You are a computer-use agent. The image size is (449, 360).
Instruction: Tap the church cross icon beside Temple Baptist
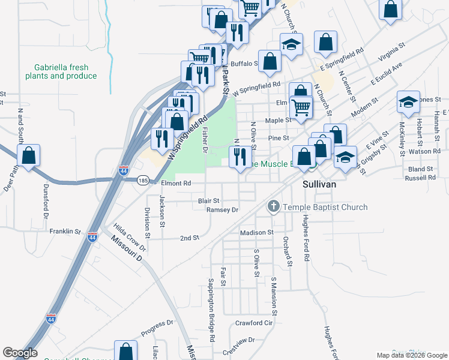tap(274, 207)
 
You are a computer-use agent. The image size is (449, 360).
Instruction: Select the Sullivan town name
tap(318, 185)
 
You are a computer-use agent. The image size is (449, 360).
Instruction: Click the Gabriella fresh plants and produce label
tap(61, 72)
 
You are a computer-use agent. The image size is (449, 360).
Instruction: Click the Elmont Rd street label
tap(176, 183)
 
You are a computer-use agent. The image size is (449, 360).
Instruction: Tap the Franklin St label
tap(65, 231)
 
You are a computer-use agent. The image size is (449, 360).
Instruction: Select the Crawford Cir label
tap(254, 323)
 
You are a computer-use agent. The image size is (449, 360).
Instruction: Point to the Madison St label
tap(256, 232)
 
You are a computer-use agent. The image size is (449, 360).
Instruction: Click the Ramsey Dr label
tap(223, 210)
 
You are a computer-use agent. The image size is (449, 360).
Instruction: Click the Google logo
tap(20, 353)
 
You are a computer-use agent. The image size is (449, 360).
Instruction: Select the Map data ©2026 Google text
tap(411, 355)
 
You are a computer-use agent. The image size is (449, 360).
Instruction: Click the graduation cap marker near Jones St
tap(408, 103)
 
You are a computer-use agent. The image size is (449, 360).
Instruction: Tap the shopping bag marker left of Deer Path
tap(28, 156)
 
